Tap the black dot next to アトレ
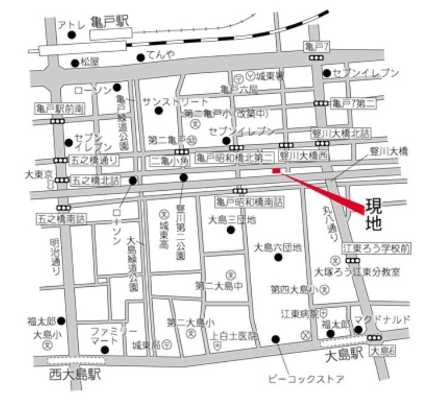coord(72,35)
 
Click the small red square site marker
coord(276,171)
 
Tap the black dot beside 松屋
coord(75,62)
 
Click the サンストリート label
coord(176,102)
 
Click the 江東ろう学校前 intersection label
coord(367,247)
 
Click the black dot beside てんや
coord(140,58)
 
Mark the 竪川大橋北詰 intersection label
coord(341,134)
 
